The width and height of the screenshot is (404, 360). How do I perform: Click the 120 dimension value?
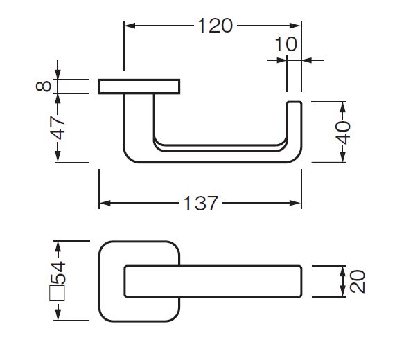215,26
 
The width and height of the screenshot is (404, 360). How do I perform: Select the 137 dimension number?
201,204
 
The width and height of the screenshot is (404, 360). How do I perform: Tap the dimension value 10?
286,44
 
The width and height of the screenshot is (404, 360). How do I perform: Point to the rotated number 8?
44,86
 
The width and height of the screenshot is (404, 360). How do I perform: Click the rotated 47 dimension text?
58,128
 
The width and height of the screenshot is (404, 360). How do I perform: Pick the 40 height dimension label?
343,132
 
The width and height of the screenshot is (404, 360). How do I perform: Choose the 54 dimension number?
58,273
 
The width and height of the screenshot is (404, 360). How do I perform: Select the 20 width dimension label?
358,281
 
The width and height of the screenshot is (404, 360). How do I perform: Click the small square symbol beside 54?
57,293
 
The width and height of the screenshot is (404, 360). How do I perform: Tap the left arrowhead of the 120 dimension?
130,26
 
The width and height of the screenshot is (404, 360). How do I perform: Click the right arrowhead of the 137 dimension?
295,204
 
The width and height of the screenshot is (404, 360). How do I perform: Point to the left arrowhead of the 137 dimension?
105,204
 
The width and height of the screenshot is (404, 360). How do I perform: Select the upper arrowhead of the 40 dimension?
343,107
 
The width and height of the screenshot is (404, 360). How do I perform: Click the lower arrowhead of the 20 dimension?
343,291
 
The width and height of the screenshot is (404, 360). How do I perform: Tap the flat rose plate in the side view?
139,87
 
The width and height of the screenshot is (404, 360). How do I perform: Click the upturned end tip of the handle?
295,102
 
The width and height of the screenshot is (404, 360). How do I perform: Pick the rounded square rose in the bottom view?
100,281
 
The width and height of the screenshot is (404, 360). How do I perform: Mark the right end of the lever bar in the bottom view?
301,281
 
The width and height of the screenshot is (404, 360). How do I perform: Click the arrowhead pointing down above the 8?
58,74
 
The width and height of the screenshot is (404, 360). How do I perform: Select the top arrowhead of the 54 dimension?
58,246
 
